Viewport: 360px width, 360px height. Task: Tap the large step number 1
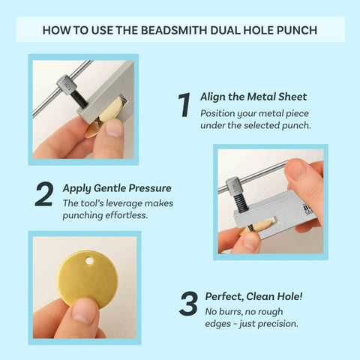(x=183, y=106)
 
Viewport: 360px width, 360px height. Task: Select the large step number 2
(x=43, y=193)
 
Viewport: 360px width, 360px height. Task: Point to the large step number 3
(x=187, y=303)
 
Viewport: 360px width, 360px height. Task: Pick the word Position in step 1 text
(x=217, y=112)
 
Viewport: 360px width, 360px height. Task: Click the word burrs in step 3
(x=229, y=310)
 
